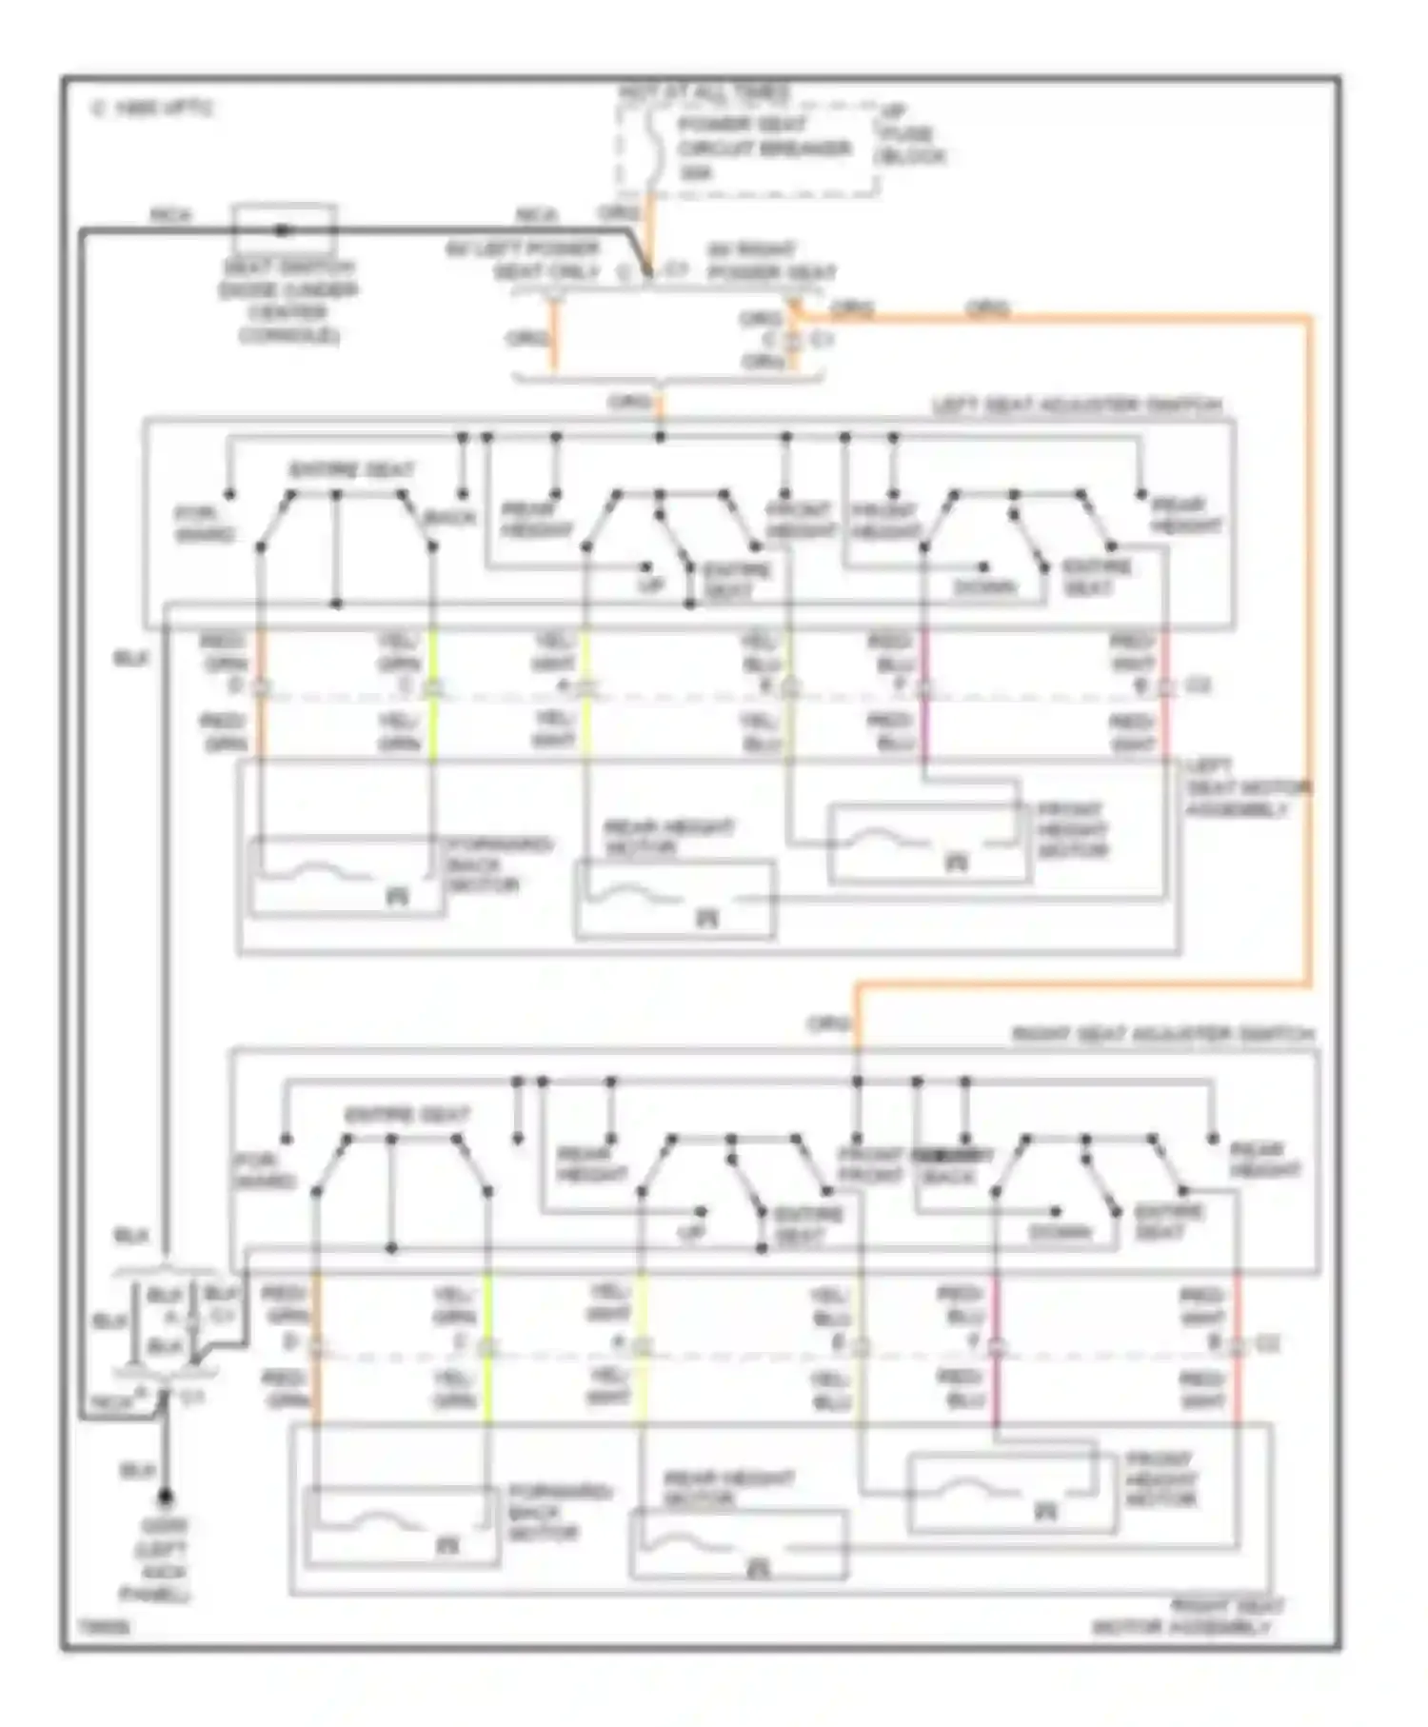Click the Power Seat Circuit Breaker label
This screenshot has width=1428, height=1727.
click(762, 149)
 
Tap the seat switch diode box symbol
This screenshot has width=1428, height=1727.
click(285, 228)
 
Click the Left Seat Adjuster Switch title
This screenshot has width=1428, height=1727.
click(1076, 406)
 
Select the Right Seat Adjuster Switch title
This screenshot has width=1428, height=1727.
click(1161, 1034)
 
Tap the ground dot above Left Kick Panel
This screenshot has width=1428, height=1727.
click(166, 1497)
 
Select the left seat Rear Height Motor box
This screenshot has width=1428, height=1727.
click(675, 900)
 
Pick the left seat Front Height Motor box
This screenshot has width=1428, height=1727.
click(928, 844)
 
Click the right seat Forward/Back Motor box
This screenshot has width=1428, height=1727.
click(401, 1526)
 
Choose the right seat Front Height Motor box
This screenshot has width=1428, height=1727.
click(1011, 1493)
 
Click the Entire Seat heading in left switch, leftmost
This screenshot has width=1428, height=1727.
click(351, 470)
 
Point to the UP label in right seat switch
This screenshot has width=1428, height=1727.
click(691, 1233)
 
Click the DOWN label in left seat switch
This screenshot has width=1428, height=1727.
click(984, 587)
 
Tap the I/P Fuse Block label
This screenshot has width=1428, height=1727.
click(909, 134)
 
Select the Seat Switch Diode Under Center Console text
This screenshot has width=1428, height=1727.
click(288, 302)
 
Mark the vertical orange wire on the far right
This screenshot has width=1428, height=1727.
click(1309, 647)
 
